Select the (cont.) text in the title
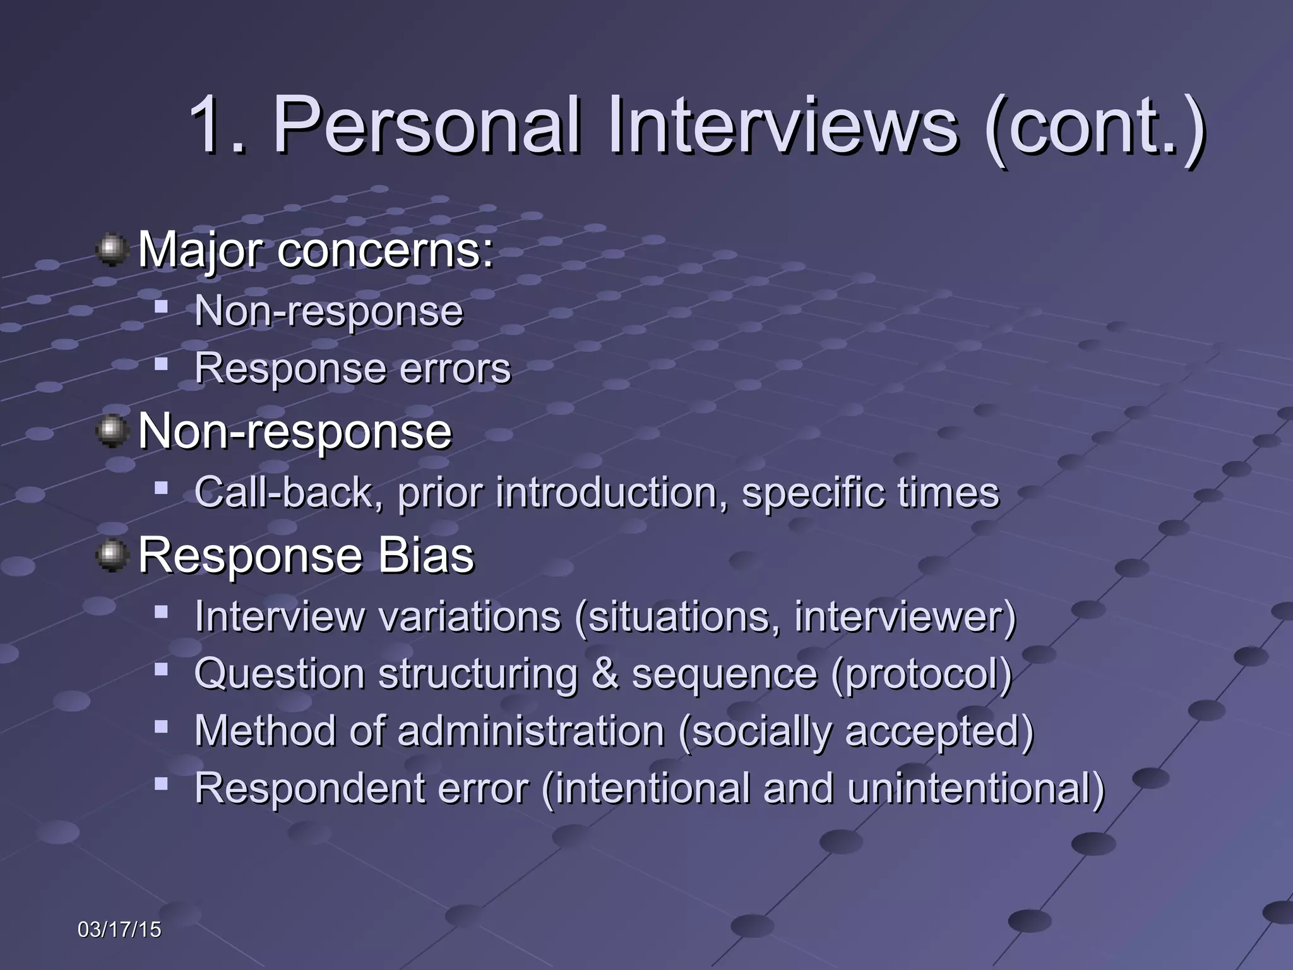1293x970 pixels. point(1095,126)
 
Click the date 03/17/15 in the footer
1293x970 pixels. point(119,930)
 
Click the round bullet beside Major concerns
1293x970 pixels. point(112,250)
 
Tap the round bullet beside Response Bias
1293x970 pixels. point(112,556)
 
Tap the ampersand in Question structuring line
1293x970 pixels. point(605,673)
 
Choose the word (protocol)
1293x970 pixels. point(922,674)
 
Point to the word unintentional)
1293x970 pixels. point(975,788)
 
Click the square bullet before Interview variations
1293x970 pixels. point(161,612)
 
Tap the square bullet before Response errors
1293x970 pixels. point(161,364)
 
